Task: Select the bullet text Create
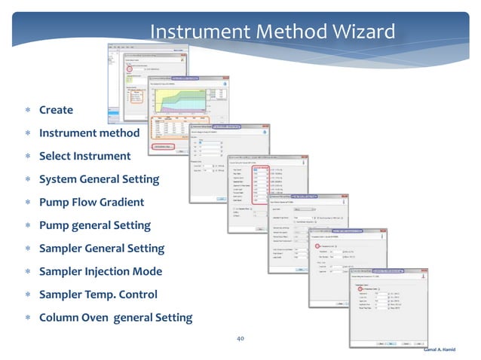[x=56, y=110]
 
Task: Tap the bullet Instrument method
[x=89, y=133]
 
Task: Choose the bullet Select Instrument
[x=84, y=156]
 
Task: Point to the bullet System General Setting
[x=99, y=179]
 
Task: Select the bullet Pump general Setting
[x=94, y=225]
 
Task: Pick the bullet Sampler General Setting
[x=101, y=248]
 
